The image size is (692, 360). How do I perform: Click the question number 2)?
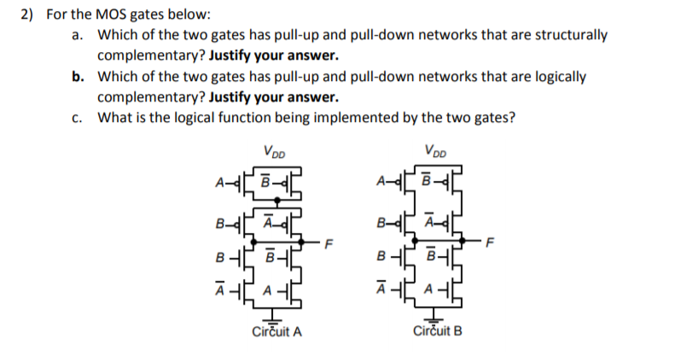28,15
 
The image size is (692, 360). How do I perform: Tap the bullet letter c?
78,117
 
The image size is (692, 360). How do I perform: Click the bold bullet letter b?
78,76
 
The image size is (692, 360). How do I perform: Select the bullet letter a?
78,36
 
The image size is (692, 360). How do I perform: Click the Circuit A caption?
276,331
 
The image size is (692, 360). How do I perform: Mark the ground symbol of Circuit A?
276,316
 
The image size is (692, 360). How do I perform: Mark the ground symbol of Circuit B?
434,316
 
